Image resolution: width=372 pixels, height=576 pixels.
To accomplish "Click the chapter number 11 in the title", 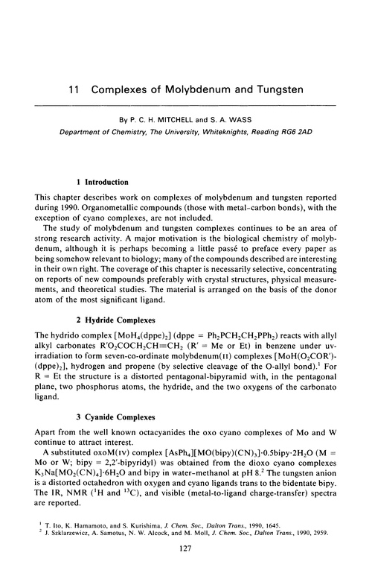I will [73, 89].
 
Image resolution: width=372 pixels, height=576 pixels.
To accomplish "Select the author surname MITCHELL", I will [186, 118].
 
